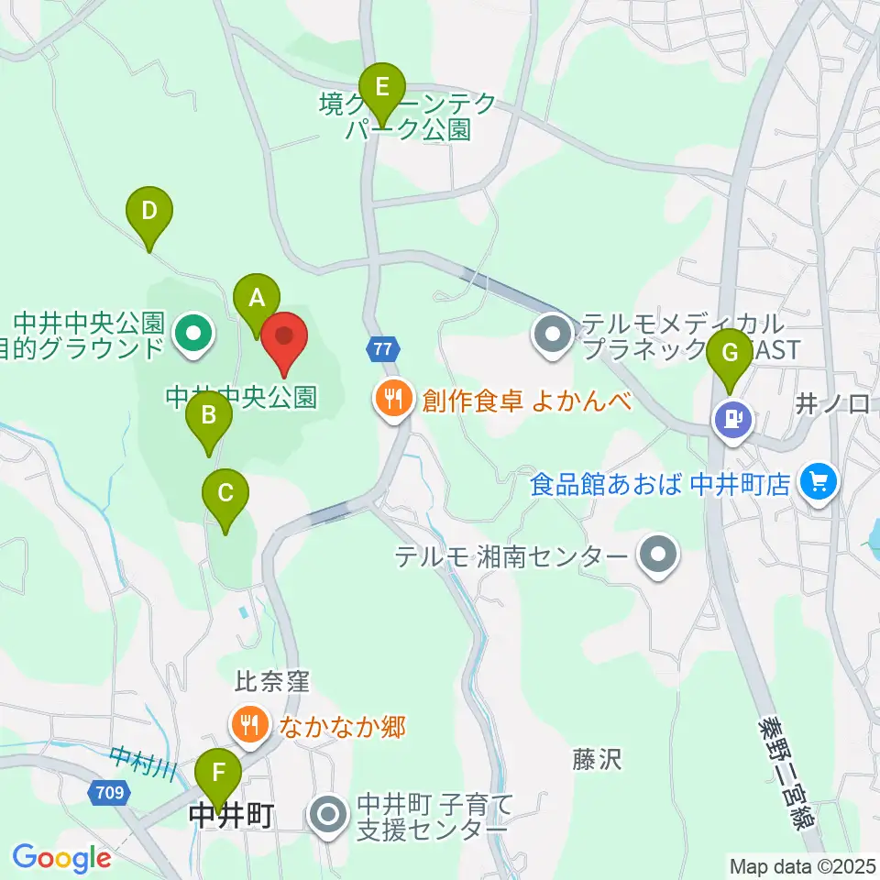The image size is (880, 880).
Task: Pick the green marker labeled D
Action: point(149,215)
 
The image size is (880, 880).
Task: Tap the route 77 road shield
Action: point(383,347)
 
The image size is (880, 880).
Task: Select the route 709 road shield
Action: point(105,792)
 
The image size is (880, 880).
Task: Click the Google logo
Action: point(61,858)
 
